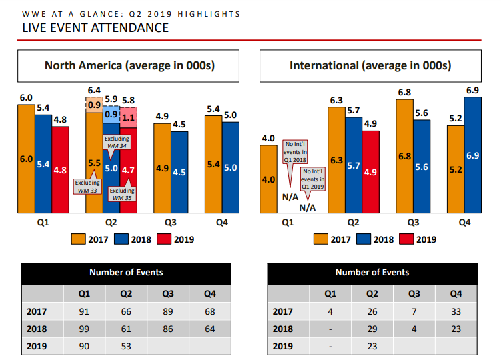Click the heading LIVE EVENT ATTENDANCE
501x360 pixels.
click(95, 27)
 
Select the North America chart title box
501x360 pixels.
click(128, 65)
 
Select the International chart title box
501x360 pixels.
click(370, 65)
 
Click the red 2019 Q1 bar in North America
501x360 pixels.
click(60, 170)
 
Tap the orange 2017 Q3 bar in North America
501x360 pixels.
click(162, 168)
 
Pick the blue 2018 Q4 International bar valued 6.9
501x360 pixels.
click(473, 155)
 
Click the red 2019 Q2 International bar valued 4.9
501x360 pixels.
click(370, 171)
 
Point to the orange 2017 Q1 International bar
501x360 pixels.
click(268, 179)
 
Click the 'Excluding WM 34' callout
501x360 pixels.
click(117, 142)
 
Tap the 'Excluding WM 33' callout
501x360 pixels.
click(87, 187)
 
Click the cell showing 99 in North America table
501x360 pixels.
click(85, 328)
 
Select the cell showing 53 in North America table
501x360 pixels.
click(126, 345)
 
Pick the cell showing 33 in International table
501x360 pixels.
click(456, 311)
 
